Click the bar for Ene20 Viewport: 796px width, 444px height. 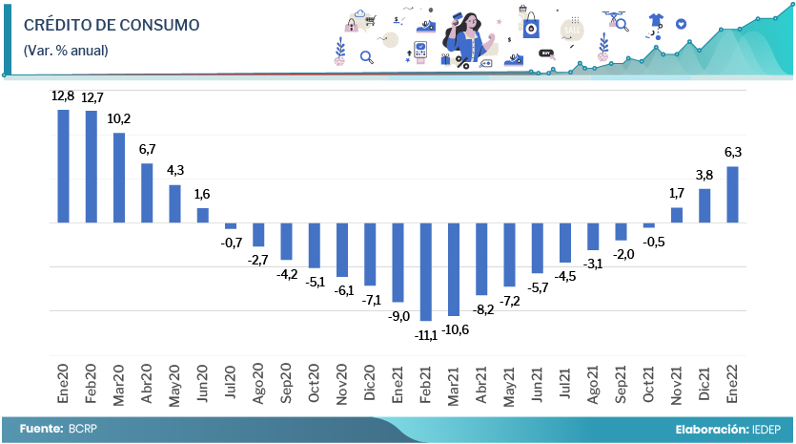click(x=64, y=166)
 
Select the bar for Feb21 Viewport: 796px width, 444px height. click(x=425, y=271)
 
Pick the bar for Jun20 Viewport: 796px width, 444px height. click(x=203, y=216)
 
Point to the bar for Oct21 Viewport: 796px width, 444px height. click(x=648, y=225)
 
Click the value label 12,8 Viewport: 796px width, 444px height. click(x=63, y=96)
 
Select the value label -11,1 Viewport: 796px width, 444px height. click(x=425, y=334)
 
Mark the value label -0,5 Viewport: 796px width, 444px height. click(x=650, y=242)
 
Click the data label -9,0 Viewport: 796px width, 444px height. click(x=398, y=316)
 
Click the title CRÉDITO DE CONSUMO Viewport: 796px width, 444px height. click(x=111, y=26)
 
